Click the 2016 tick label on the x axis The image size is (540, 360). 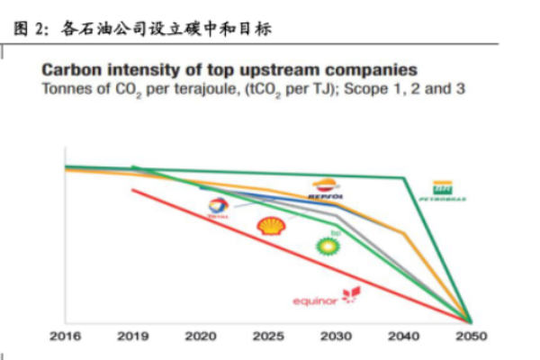(67, 337)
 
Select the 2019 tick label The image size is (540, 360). (133, 337)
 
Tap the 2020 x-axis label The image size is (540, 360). (201, 337)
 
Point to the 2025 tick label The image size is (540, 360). (268, 337)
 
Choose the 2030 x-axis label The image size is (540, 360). (335, 337)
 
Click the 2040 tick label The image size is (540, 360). (402, 337)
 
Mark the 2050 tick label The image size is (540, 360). (470, 337)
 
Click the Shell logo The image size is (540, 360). (271, 226)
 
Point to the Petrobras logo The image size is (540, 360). (442, 192)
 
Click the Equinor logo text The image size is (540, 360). (315, 301)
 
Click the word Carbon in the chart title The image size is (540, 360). (68, 69)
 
